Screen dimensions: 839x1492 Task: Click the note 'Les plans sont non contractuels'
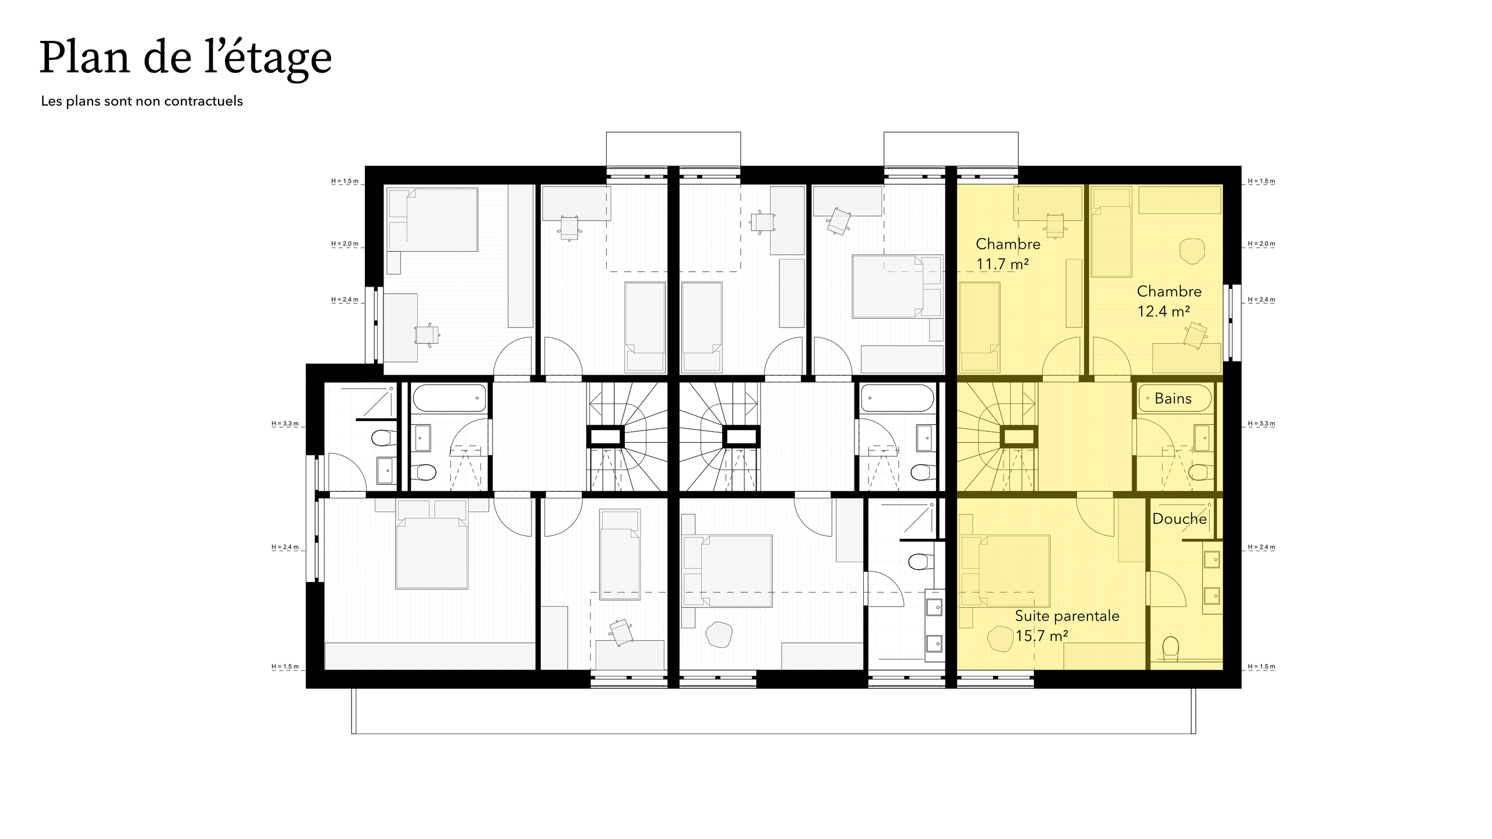click(x=142, y=101)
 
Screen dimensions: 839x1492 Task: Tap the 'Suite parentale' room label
click(x=1067, y=616)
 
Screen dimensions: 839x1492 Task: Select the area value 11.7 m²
click(x=1002, y=264)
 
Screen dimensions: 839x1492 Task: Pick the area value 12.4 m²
click(x=1163, y=311)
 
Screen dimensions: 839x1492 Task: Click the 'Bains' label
click(x=1173, y=399)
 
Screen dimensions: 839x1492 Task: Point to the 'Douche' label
click(x=1179, y=519)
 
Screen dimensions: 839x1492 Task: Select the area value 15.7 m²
click(x=1041, y=636)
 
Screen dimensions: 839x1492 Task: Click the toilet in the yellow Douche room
click(x=1170, y=648)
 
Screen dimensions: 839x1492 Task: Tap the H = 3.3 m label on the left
click(x=285, y=424)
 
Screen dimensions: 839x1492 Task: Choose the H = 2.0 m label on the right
click(x=1261, y=244)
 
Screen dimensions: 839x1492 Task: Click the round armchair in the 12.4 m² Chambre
click(x=1192, y=251)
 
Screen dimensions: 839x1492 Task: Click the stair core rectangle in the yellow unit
click(x=1018, y=436)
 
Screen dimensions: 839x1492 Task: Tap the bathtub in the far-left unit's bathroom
click(x=449, y=398)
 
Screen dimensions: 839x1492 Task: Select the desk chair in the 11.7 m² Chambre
click(x=1055, y=224)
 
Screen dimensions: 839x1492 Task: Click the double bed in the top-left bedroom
click(x=432, y=220)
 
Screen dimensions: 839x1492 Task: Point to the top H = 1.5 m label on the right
click(x=1261, y=181)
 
